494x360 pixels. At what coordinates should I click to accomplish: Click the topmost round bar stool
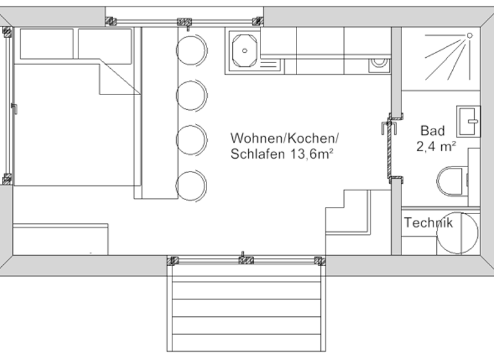point(192,50)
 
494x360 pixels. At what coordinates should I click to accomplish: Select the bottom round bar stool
point(192,185)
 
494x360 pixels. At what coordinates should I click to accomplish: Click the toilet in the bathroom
point(453,181)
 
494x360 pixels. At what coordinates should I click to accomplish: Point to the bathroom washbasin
point(469,121)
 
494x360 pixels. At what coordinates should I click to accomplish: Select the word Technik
point(428,223)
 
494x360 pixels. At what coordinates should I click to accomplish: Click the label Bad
point(433,130)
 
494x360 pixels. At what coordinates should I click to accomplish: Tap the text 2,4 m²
point(436,146)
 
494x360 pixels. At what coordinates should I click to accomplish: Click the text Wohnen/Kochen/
point(284,138)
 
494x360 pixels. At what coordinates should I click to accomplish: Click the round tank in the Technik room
point(458,233)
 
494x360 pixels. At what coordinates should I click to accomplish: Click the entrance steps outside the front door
point(246,309)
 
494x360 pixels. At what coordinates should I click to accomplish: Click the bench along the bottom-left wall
point(60,239)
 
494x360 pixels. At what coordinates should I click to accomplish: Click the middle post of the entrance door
point(246,260)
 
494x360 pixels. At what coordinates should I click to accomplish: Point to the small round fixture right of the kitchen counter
point(379,64)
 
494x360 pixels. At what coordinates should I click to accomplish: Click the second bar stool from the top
point(192,95)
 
